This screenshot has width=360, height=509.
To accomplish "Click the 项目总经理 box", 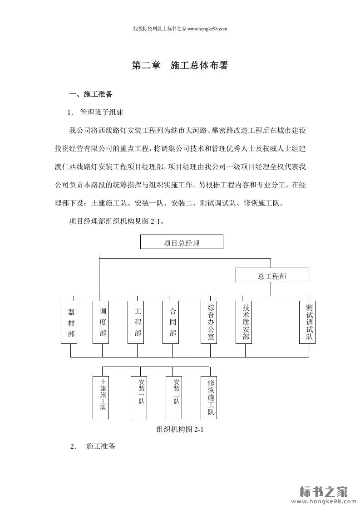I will tap(182, 242).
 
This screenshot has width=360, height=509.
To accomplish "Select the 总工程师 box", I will tap(272, 275).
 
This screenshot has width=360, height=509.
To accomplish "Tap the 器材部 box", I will tap(71, 322).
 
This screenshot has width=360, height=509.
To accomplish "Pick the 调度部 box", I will tap(103, 322).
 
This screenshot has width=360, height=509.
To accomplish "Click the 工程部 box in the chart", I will tap(138, 322).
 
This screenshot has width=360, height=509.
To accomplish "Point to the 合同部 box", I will tap(173, 322).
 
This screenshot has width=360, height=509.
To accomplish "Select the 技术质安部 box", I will tap(246, 322).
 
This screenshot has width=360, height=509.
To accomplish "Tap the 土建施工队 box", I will tap(103, 397).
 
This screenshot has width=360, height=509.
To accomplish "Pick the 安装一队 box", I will tap(142, 397).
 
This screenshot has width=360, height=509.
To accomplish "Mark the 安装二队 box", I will tap(177, 397).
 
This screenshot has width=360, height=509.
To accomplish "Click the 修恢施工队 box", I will tap(210, 397).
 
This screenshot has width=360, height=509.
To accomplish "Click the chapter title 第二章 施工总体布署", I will tap(180, 66).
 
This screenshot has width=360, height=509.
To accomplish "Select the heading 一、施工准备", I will tap(90, 95).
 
